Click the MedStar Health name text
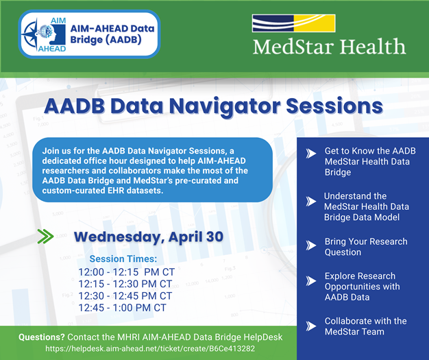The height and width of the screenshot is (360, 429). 329,47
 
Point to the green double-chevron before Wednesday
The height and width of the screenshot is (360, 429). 46,237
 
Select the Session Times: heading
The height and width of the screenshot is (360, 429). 123,259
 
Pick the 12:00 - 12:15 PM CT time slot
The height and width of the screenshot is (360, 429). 126,272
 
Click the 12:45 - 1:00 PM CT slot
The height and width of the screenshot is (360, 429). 122,308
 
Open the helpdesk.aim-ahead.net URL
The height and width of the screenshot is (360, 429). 149,349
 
